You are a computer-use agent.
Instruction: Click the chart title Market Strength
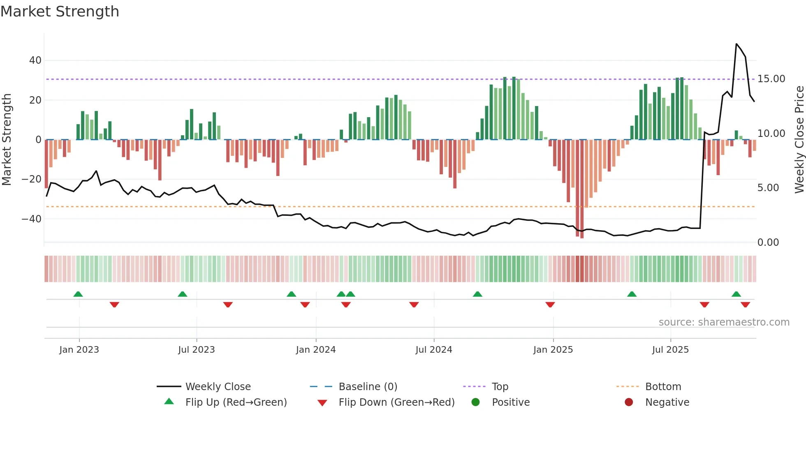click(60, 12)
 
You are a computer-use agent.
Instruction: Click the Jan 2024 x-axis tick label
click(315, 350)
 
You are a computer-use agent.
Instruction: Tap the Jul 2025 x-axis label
click(670, 350)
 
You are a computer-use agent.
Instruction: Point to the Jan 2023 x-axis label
click(79, 350)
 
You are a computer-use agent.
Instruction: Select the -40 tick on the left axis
click(32, 219)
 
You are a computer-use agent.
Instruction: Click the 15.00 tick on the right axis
click(771, 79)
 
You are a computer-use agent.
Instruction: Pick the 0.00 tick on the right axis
click(768, 243)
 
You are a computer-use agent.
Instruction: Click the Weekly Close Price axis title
click(799, 140)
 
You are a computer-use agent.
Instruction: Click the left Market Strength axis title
click(7, 140)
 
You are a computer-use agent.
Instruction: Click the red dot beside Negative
click(629, 402)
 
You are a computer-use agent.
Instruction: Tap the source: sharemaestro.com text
click(724, 322)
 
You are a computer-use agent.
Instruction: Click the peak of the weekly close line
click(736, 44)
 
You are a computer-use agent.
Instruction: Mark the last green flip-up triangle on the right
click(736, 294)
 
